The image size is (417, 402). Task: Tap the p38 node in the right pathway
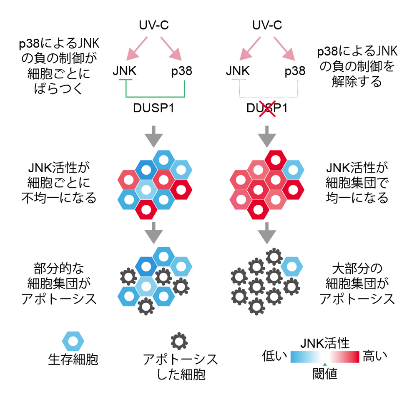pos(295,71)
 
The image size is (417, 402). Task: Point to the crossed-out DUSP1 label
pos(267,109)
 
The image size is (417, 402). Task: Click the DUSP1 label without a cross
pos(154,109)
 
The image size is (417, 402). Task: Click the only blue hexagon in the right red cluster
pos(294,170)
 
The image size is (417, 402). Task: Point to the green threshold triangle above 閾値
pos(325,364)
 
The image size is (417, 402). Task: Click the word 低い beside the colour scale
pos(275,356)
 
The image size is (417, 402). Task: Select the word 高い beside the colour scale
pos(375,356)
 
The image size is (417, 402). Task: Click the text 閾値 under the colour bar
pos(325,374)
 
